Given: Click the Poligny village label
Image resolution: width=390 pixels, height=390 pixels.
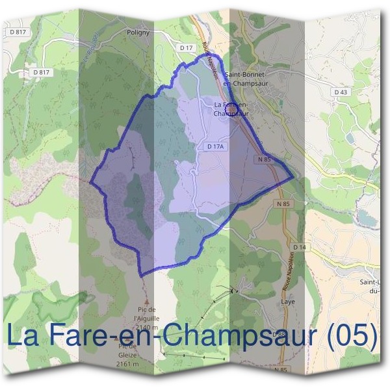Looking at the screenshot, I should [x=139, y=31].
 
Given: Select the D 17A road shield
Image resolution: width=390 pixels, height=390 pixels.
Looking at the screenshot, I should [x=215, y=148].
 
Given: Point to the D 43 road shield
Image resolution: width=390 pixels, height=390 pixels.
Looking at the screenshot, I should [x=341, y=92].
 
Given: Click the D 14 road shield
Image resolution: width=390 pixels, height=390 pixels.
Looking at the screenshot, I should [x=299, y=248].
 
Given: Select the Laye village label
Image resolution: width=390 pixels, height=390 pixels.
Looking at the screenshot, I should [x=288, y=303].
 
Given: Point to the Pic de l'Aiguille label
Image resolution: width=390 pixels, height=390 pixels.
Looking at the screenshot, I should [x=146, y=315].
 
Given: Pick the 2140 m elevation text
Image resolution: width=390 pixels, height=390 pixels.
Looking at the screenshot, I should [x=146, y=327].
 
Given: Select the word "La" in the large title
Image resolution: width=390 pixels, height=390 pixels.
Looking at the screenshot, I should [x=21, y=336].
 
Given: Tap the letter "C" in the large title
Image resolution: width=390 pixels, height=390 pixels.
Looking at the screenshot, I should [x=172, y=336].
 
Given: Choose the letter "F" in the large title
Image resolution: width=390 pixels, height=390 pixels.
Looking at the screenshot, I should [x=53, y=336].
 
